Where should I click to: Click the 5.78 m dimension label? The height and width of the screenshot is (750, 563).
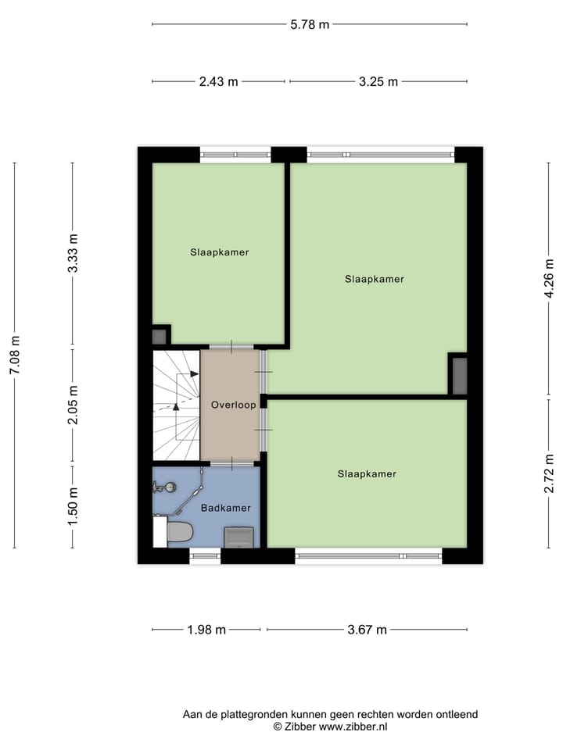[310, 24]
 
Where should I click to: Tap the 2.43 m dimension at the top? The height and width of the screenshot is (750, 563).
[219, 81]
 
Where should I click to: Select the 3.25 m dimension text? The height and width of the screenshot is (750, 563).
[378, 81]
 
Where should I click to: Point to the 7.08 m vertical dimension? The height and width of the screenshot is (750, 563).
[14, 355]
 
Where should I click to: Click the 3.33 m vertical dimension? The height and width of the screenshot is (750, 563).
[73, 253]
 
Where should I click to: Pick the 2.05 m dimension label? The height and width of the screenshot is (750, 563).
[73, 406]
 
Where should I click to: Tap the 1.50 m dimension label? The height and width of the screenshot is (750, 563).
[73, 505]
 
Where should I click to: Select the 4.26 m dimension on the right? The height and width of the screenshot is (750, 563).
[549, 277]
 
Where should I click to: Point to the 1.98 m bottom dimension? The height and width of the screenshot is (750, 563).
[206, 630]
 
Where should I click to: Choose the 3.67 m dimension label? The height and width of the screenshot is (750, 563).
[367, 630]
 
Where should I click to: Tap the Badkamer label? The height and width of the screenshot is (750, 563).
[226, 508]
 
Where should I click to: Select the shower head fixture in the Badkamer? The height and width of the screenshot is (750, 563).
[162, 487]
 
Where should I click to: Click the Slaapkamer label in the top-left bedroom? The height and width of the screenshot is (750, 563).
[219, 252]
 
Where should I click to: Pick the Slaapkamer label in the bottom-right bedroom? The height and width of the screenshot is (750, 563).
[367, 473]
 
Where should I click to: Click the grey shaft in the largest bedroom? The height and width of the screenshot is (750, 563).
[459, 375]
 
